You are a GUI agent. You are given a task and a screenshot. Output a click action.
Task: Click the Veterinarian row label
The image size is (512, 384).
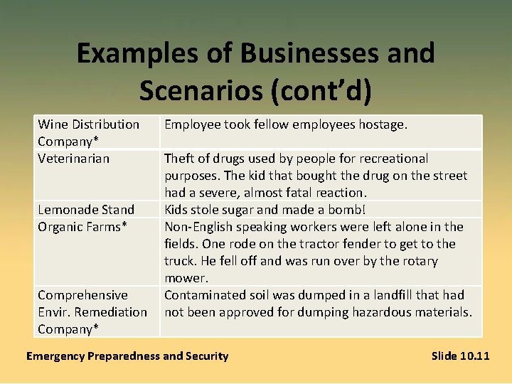74,158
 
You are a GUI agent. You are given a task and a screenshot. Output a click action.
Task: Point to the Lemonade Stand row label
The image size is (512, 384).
86,209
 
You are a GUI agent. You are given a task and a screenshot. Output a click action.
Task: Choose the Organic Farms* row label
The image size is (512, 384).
82,226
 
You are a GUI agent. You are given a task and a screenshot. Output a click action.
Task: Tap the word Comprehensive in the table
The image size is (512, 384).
82,294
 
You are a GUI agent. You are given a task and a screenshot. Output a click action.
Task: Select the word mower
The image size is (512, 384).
186,277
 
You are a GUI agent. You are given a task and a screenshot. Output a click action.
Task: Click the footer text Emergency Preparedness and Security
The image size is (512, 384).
127,356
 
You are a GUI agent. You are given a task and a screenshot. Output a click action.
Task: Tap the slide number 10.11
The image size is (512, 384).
474,356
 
